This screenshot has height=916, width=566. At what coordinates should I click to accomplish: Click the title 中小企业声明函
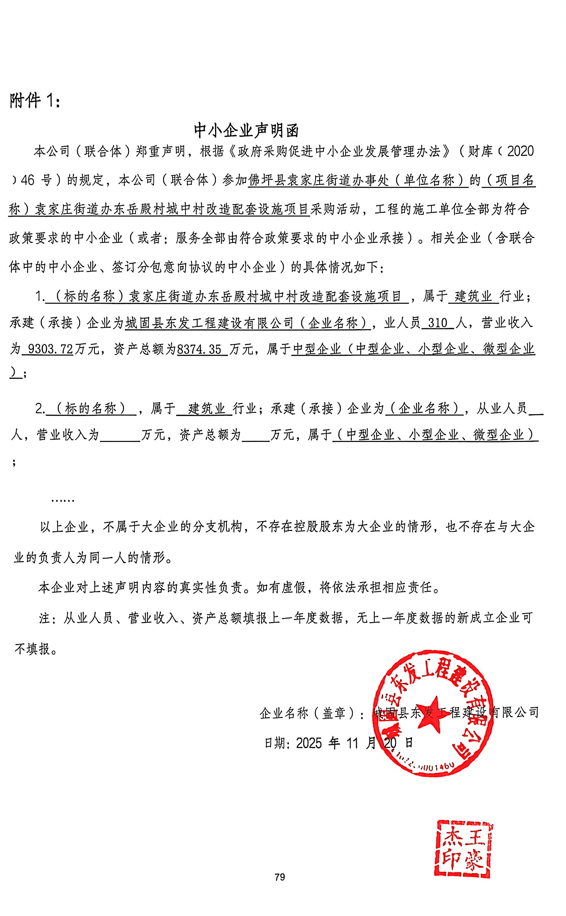(246, 130)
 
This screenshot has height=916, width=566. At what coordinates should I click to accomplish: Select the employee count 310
(437, 323)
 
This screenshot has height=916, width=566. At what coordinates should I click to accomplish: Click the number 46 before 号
(27, 180)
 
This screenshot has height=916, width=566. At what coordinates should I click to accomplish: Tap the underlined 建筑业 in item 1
(473, 296)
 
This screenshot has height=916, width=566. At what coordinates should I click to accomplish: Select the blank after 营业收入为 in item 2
(120, 435)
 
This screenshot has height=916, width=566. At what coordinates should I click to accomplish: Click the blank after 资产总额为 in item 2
(256, 435)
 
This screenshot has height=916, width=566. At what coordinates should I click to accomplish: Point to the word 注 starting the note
(45, 618)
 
